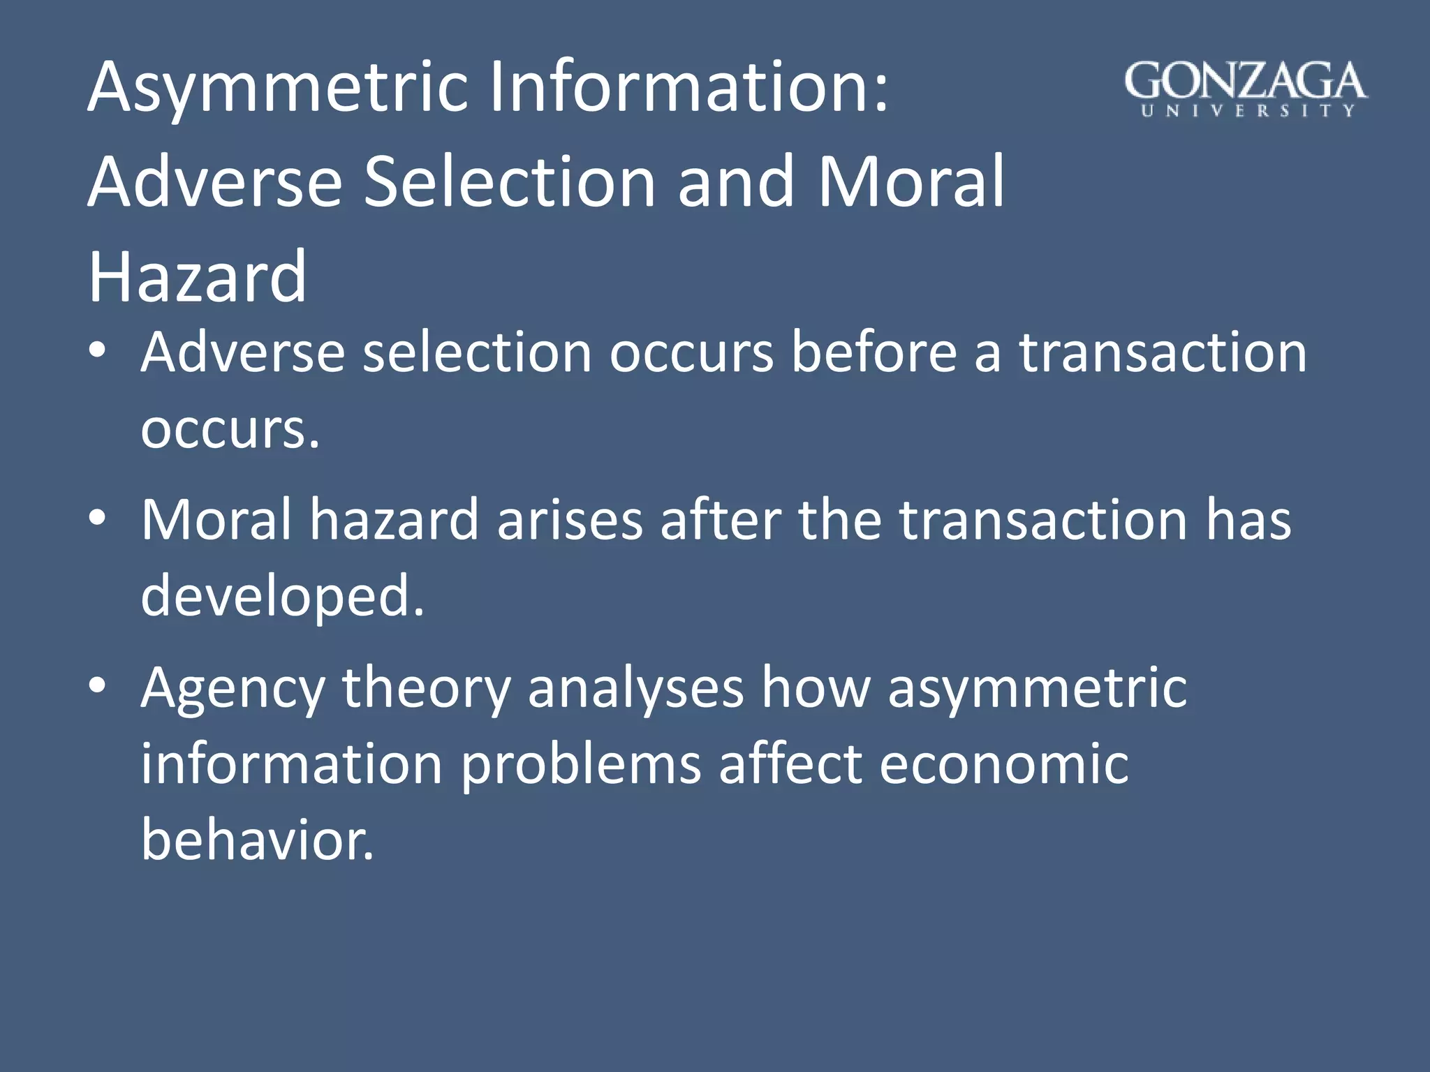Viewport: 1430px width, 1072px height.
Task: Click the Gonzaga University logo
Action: point(1246,89)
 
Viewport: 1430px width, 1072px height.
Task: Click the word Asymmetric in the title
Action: point(277,89)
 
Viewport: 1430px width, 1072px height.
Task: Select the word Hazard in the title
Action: point(197,277)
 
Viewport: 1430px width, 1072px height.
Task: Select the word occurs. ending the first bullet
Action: point(230,429)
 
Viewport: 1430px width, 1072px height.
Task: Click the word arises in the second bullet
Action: point(569,520)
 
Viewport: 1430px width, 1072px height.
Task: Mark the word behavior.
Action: point(258,840)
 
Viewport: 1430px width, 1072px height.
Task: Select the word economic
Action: point(1003,764)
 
